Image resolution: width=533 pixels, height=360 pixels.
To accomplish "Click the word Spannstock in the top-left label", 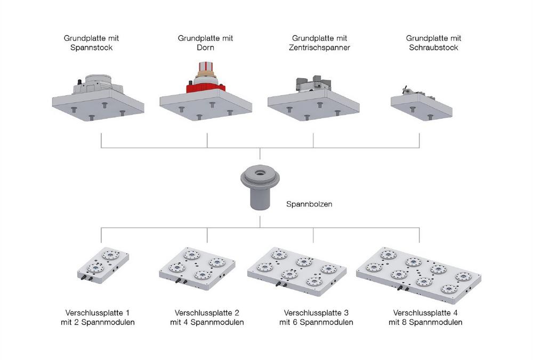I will pos(91,48).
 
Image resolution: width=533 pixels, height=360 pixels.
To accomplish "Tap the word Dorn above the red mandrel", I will pos(205,48).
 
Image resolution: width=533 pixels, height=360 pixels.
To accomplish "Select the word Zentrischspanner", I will pos(319,48).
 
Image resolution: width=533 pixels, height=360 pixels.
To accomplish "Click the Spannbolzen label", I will pos(309,204).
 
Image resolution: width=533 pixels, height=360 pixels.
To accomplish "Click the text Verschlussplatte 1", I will pos(97,313).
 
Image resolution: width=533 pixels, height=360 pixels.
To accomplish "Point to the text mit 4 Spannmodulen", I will pos(207,322).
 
